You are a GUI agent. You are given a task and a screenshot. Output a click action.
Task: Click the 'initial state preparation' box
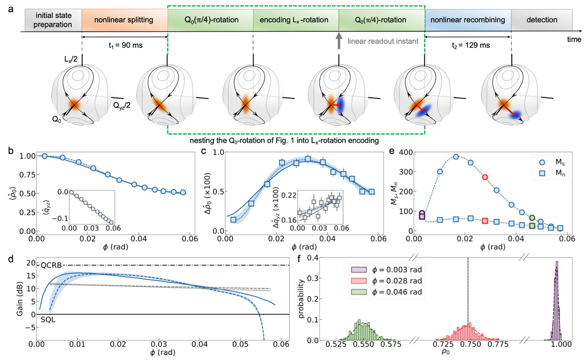point(53,20)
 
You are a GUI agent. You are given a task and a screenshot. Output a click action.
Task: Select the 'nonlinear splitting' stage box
point(124,20)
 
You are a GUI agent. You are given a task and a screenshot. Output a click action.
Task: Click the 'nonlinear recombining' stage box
point(468,20)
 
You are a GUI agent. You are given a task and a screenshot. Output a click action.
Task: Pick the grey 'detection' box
point(541,20)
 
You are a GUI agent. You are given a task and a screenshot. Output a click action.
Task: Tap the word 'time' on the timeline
point(574,40)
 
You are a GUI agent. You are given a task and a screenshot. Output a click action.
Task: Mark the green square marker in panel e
point(532,226)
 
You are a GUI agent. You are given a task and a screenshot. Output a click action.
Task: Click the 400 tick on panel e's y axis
point(403,152)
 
